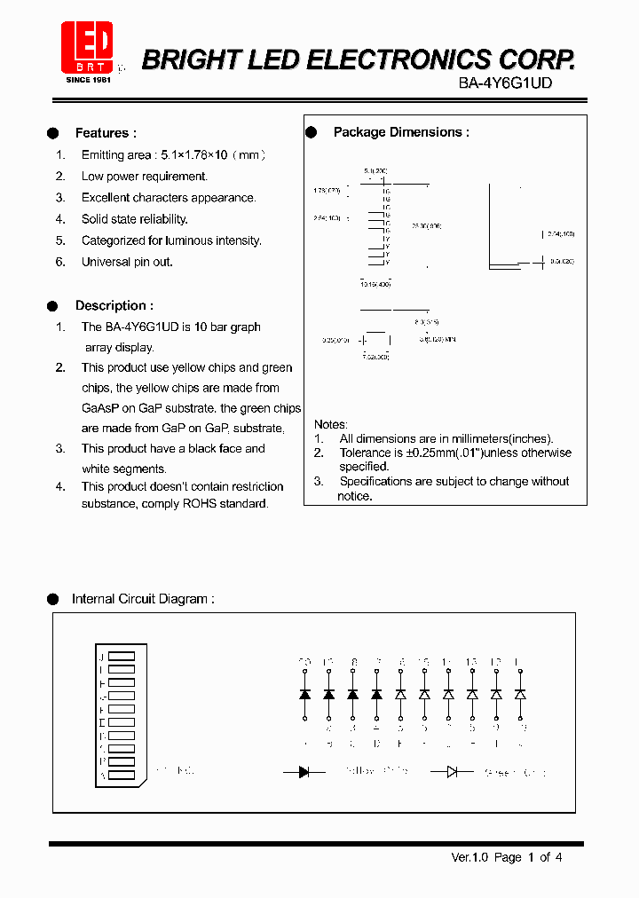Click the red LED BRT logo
86,47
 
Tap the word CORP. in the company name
535,59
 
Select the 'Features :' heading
106,133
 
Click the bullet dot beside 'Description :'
53,305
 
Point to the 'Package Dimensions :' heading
401,132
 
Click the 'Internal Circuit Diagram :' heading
143,599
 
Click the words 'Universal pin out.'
127,262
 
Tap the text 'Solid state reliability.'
134,219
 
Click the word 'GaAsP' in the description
99,408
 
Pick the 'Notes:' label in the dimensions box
331,424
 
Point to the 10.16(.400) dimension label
375,285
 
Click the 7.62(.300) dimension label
375,356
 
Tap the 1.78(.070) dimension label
327,190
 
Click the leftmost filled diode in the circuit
304,694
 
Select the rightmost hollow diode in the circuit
520,694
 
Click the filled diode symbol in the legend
304,772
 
